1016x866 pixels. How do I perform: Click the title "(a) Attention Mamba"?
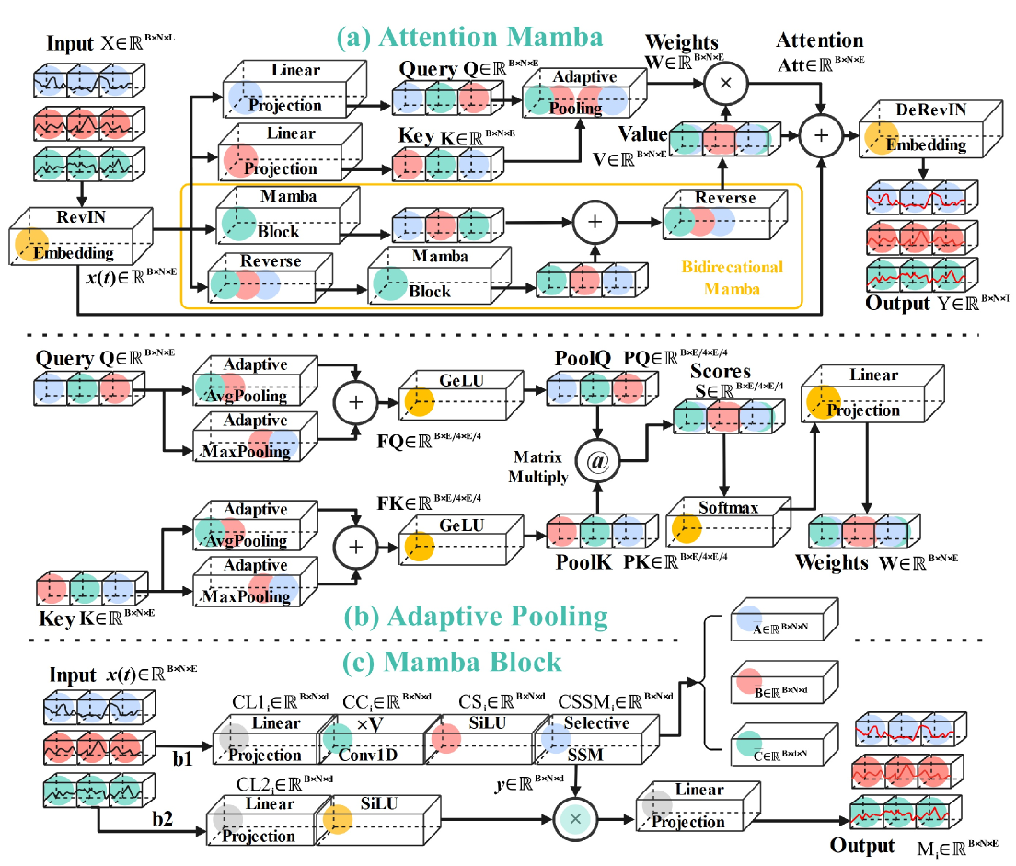pyautogui.click(x=468, y=38)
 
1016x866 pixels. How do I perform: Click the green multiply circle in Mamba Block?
pyautogui.click(x=575, y=816)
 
